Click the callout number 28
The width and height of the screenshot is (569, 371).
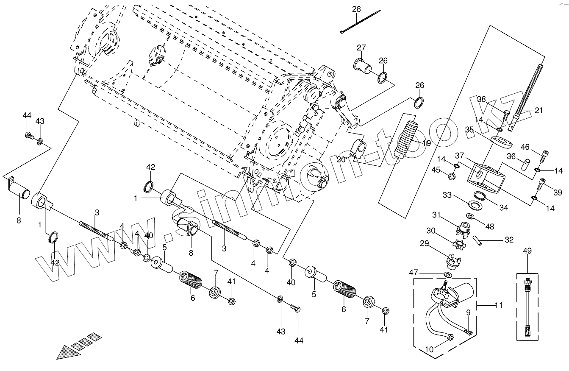coord(356,9)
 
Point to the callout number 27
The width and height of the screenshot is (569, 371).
coord(361,47)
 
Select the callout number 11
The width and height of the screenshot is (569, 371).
coord(499,305)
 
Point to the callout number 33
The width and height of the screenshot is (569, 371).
coord(447,196)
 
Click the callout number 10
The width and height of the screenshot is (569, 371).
coord(429,350)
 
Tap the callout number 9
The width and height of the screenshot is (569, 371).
coord(468,313)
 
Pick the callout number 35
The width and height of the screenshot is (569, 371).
coord(469,129)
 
